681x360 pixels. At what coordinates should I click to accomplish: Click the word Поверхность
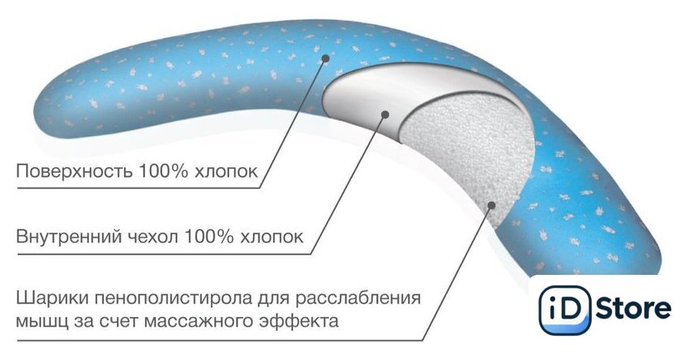coord(67,172)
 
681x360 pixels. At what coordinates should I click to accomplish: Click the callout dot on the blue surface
coord(326,58)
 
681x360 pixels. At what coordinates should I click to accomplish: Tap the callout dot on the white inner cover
coord(386,115)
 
